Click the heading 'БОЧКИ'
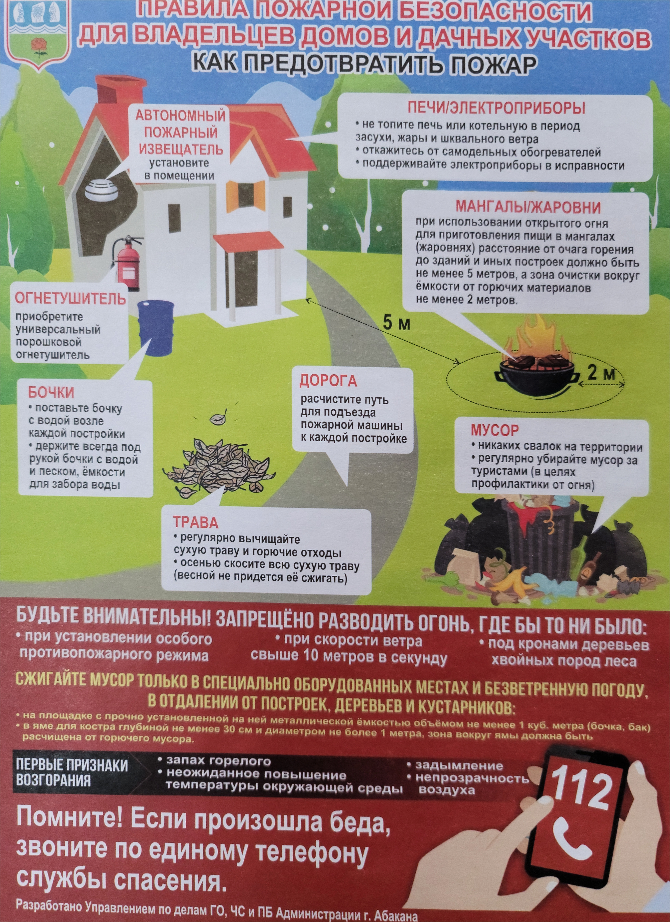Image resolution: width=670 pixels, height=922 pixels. tap(51, 393)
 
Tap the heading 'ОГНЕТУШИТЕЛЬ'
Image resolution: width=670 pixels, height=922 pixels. tap(70, 299)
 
